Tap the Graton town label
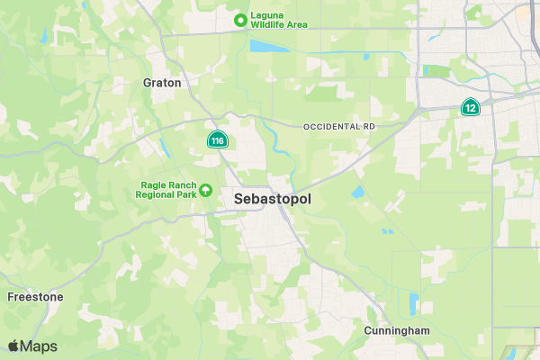[162, 83]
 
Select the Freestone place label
[35, 296]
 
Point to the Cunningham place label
[397, 330]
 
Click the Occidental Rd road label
[338, 127]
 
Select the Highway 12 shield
[470, 107]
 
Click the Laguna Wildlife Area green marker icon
[240, 19]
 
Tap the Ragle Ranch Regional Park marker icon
[205, 189]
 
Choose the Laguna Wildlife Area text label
[279, 19]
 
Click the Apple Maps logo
[32, 346]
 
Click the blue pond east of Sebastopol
[358, 192]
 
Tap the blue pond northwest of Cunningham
[414, 302]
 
